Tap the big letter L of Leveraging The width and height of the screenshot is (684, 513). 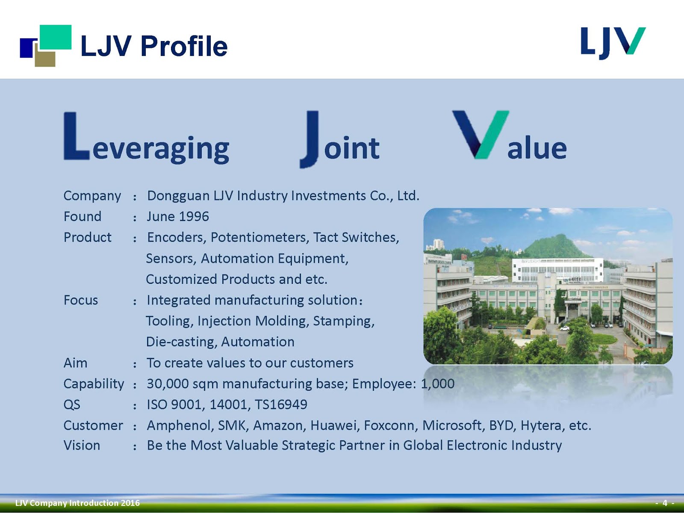[x=76, y=137]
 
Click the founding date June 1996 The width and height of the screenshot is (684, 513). [x=178, y=217]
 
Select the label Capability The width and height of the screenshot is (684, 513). [x=94, y=384]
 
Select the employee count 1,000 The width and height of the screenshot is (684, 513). [x=438, y=384]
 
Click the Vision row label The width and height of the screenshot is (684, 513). [x=82, y=445]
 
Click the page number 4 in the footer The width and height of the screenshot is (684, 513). [x=665, y=503]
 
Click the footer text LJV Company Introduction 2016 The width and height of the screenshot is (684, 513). [x=77, y=503]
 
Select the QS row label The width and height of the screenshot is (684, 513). [x=72, y=404]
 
